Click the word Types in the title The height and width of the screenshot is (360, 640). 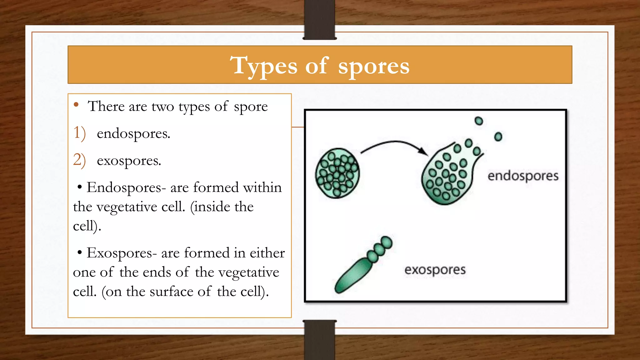point(263,66)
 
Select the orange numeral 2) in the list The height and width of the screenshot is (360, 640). point(79,160)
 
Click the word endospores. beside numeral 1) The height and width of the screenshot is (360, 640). point(133,134)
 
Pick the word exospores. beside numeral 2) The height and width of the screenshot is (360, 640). point(129,161)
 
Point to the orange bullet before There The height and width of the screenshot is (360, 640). point(76,105)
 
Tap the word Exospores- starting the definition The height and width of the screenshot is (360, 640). point(122,253)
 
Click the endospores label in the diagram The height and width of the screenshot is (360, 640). point(523,176)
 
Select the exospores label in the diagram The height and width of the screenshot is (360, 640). point(435,270)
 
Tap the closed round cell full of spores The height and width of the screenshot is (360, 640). point(337,173)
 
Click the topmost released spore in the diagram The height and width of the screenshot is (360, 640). point(478,121)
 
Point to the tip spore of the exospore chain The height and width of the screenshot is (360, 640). point(387,242)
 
